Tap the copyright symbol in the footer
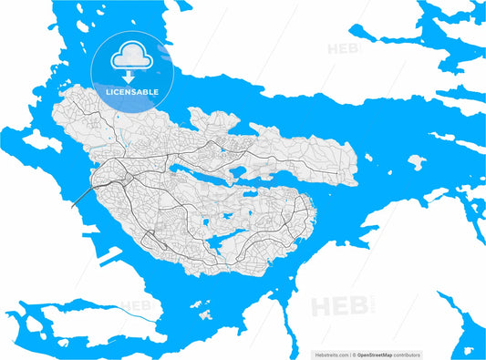[x=357, y=352]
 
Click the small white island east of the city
[x=416, y=162]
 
